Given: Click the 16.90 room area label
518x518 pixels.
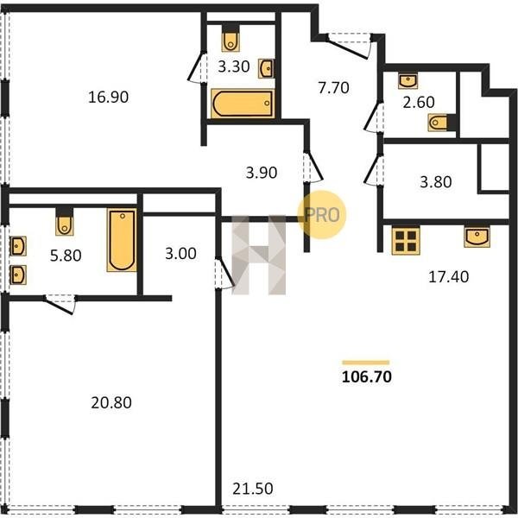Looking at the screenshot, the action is [x=109, y=97].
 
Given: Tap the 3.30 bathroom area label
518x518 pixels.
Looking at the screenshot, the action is [x=234, y=66].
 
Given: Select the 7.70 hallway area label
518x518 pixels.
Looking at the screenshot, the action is [x=333, y=88].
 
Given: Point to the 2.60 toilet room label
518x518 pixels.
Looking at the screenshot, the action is [x=419, y=102].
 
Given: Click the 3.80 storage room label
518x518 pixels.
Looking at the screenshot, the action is [x=436, y=182].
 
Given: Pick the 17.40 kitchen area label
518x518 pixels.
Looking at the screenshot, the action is [x=448, y=276].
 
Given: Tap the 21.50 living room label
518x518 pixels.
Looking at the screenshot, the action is [x=253, y=489].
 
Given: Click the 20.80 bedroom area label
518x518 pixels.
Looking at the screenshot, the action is [x=111, y=402].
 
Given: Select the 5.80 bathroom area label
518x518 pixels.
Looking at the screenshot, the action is [x=66, y=256].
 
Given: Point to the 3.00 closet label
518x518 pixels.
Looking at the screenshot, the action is [x=180, y=254].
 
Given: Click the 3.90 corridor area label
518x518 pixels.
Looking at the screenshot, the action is [x=262, y=173].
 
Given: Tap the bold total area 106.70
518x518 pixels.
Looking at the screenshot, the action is [x=367, y=376].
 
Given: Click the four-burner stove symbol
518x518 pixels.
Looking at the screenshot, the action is [x=406, y=241].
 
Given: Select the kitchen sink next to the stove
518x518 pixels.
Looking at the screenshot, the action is [x=477, y=237].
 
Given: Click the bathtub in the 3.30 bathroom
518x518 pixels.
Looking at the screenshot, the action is [x=243, y=104].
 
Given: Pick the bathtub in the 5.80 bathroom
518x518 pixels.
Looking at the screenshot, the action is [x=122, y=240].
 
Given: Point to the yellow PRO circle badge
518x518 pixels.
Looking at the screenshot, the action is [x=322, y=215].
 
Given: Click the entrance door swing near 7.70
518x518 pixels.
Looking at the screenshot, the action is [x=350, y=47].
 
